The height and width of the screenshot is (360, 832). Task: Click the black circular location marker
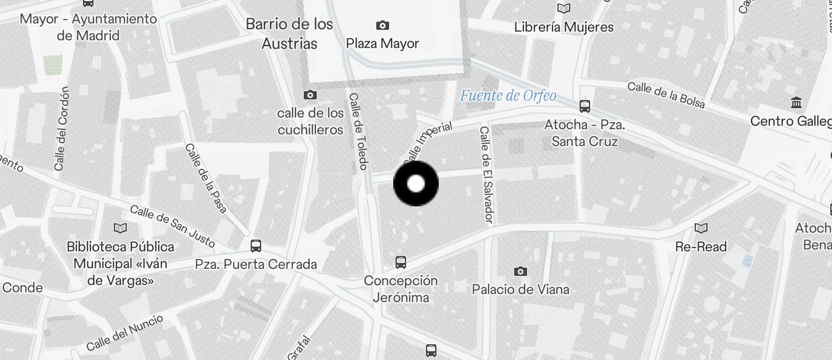pyautogui.click(x=415, y=184)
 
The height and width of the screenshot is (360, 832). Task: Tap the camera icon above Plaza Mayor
pyautogui.click(x=382, y=25)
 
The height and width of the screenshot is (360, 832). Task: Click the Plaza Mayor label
pyautogui.click(x=382, y=44)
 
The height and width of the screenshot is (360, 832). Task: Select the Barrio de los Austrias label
pyautogui.click(x=290, y=34)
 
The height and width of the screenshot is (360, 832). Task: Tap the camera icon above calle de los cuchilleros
pyautogui.click(x=310, y=95)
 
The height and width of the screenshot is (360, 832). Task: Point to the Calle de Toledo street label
pyautogui.click(x=358, y=131)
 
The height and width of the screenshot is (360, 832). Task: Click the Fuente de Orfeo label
pyautogui.click(x=508, y=95)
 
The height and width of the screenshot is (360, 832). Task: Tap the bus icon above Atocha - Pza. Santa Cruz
pyautogui.click(x=585, y=106)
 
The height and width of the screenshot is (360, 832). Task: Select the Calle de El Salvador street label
pyautogui.click(x=487, y=175)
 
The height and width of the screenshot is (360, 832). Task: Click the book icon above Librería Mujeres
pyautogui.click(x=564, y=9)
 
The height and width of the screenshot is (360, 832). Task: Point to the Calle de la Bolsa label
pyautogui.click(x=666, y=95)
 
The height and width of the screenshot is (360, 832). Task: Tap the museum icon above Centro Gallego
pyautogui.click(x=796, y=103)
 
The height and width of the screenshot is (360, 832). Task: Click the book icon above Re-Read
pyautogui.click(x=701, y=228)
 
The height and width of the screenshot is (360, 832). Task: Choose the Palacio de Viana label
pyautogui.click(x=521, y=289)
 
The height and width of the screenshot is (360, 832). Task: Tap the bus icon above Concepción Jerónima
pyautogui.click(x=401, y=262)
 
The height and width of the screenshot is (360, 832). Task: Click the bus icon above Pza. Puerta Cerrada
pyautogui.click(x=256, y=245)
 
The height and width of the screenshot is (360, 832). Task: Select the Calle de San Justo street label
pyautogui.click(x=172, y=226)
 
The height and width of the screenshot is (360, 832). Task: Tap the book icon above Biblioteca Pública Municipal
pyautogui.click(x=120, y=228)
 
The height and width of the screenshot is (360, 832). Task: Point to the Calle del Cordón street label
pyautogui.click(x=61, y=130)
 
